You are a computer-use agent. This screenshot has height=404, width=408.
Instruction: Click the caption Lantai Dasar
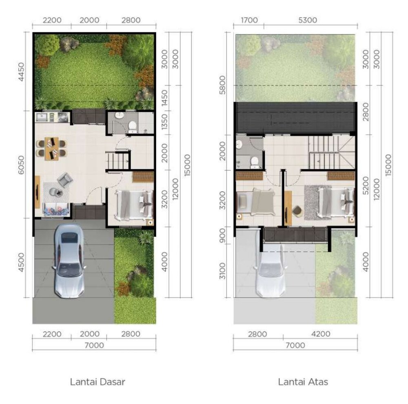point(98,382)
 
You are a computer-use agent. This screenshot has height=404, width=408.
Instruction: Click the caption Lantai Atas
point(303,382)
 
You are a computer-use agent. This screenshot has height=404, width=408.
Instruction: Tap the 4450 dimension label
point(21,71)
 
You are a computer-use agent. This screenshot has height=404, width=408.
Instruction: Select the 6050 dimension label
point(21,165)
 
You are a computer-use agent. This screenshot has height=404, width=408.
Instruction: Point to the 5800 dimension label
point(222,85)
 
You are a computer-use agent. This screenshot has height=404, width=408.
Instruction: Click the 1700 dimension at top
point(249,20)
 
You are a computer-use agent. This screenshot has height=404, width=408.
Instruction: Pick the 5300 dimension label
point(308,20)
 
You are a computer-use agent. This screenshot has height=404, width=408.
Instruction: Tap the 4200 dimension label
point(321,334)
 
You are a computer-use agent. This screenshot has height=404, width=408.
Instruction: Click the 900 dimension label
point(222,235)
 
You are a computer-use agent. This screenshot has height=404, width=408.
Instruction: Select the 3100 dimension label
point(222,271)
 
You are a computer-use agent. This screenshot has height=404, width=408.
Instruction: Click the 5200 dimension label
point(366,185)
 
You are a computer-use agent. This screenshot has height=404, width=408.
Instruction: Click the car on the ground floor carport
point(69,261)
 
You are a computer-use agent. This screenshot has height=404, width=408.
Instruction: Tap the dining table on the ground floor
point(51,148)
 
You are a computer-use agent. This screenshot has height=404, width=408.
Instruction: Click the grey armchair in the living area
point(65,179)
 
